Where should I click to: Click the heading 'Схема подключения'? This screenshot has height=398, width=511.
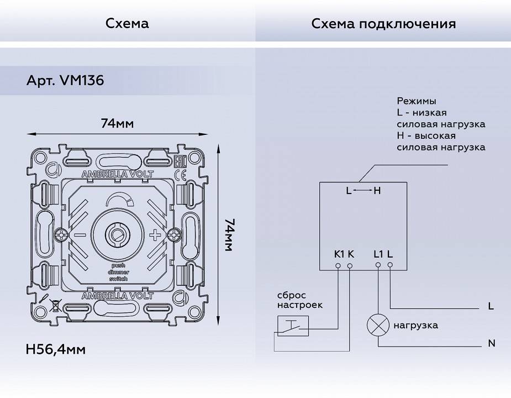(x=383, y=24)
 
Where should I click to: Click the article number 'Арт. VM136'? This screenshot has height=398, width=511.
(x=65, y=81)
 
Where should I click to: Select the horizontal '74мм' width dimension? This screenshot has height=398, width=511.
(x=117, y=123)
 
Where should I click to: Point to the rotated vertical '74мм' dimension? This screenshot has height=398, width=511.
(x=228, y=235)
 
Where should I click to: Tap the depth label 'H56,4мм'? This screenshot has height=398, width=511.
(x=55, y=349)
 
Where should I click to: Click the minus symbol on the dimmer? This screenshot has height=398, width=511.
(x=80, y=235)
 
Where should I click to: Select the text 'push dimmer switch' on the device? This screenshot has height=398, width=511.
(x=118, y=273)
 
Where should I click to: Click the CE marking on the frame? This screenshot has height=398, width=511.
(x=180, y=175)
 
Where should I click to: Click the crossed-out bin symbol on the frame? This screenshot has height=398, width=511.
(x=55, y=303)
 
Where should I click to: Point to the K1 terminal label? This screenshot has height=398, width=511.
(x=339, y=254)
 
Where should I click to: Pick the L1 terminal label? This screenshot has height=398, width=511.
(x=378, y=254)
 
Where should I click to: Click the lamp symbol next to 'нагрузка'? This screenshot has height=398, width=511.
(x=378, y=325)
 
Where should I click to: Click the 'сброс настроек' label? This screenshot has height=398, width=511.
(x=300, y=300)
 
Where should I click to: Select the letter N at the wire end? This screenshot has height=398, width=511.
(x=491, y=344)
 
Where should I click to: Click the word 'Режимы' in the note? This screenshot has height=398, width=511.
(x=416, y=101)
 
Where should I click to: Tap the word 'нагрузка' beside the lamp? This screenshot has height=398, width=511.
(x=415, y=325)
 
